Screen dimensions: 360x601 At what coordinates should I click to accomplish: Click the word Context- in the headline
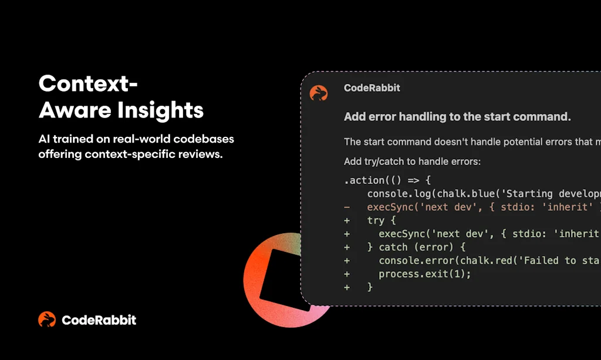tap(88, 84)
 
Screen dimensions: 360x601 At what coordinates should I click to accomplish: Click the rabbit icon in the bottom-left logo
tap(47, 319)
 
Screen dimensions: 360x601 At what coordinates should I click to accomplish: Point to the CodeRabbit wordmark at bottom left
tap(99, 320)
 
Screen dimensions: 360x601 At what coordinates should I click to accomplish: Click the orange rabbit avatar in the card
tap(319, 93)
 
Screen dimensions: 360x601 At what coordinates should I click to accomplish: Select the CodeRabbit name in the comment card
tap(372, 88)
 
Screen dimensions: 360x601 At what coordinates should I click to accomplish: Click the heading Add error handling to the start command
tap(457, 117)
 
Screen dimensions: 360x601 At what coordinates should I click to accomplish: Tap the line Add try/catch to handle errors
tap(412, 161)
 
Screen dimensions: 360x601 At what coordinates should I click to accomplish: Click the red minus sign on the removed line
tap(347, 207)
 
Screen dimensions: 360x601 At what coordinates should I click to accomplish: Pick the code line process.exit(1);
tap(424, 274)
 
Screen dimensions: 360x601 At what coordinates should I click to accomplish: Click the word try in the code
tap(376, 221)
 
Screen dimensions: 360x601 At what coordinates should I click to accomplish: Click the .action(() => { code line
tap(387, 180)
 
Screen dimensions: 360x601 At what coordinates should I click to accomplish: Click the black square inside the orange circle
tap(286, 280)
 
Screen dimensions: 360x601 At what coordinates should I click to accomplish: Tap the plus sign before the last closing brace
tap(347, 287)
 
